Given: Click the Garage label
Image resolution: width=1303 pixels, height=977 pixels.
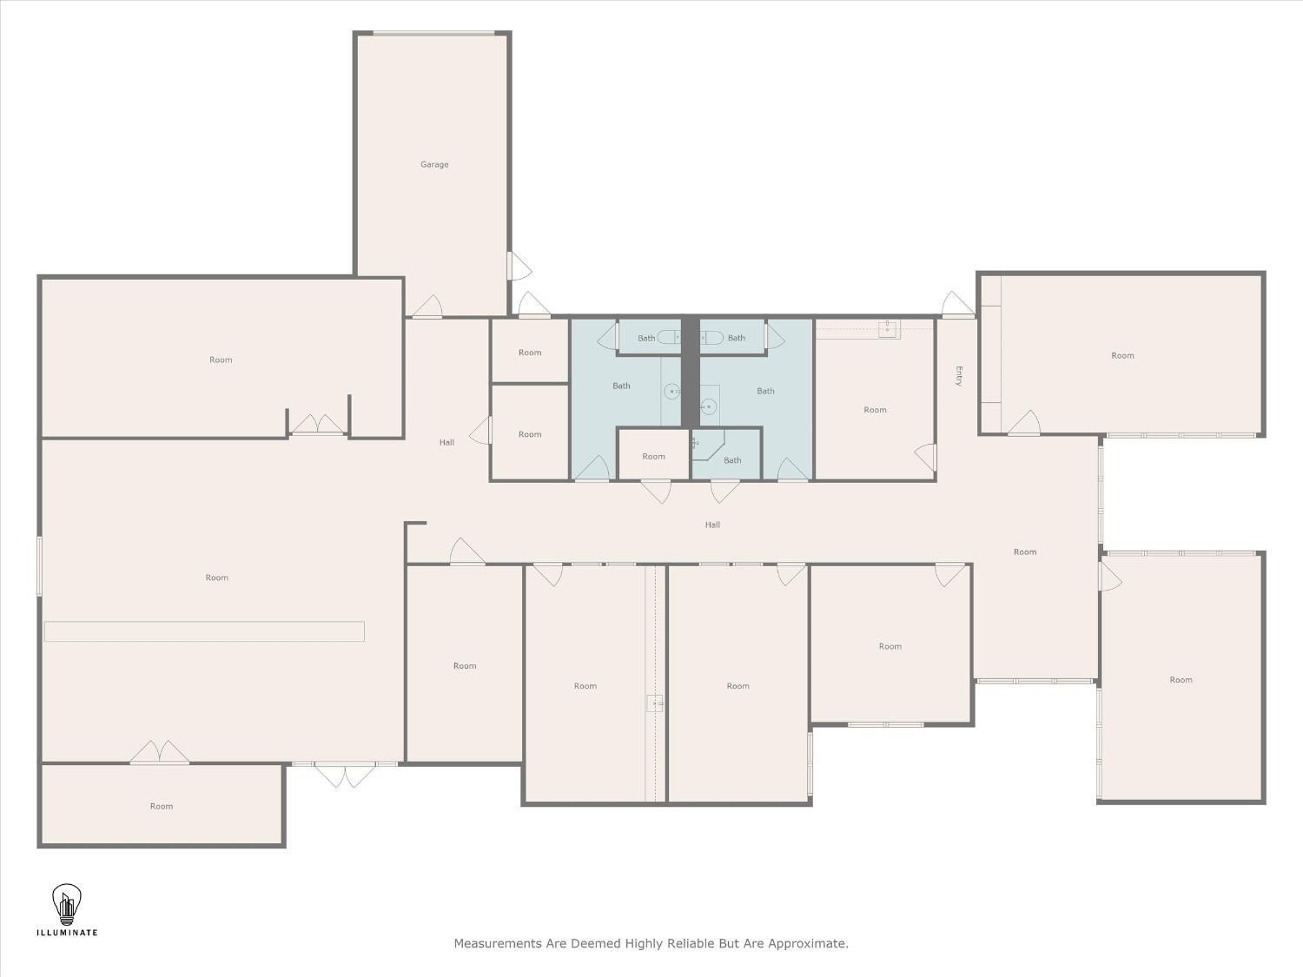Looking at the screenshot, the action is [434, 164].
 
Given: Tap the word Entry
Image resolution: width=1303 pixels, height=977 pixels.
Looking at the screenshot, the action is [958, 376].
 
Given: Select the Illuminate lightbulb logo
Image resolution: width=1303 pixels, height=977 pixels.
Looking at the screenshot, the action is [67, 904].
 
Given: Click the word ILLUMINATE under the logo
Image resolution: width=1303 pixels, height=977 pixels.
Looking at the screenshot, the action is [67, 933].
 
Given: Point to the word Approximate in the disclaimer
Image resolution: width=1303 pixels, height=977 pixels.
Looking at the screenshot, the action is [808, 944].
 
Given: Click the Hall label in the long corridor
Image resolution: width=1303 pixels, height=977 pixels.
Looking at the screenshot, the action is [712, 525].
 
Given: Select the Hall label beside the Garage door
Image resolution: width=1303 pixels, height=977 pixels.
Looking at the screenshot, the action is [446, 442].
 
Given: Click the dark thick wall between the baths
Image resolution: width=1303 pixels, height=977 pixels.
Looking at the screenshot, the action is [690, 372].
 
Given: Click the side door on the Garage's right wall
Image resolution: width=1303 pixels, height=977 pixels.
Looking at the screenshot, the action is [519, 266].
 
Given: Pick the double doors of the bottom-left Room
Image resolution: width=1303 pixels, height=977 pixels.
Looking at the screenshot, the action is [159, 752].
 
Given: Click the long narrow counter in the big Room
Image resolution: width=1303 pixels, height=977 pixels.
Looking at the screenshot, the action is [204, 631].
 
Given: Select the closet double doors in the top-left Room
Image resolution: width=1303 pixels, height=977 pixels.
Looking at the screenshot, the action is [318, 424].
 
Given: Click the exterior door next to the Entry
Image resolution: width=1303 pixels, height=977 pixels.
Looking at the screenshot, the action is [958, 305].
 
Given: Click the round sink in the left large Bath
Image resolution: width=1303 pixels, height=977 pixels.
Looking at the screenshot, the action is [671, 392].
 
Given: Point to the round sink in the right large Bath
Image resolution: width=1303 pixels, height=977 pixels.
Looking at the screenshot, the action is [708, 406].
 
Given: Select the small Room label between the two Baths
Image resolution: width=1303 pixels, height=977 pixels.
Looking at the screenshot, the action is [653, 456].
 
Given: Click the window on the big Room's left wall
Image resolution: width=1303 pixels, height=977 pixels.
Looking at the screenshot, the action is [40, 566].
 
